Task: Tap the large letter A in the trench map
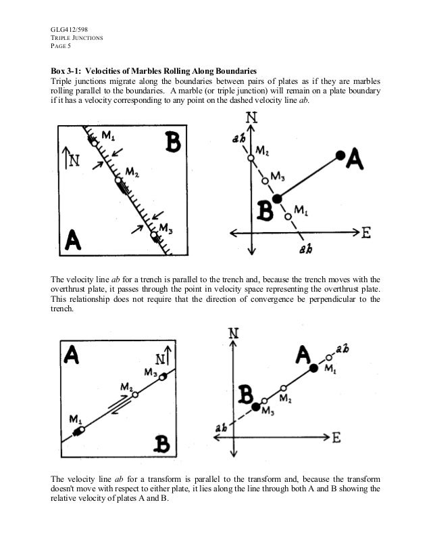(73, 240)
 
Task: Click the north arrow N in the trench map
(70, 160)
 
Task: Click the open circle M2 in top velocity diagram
(251, 158)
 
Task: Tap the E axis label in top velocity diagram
(366, 232)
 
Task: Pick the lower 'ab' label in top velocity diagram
(305, 249)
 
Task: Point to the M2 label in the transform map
(126, 386)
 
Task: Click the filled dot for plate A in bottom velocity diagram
(313, 369)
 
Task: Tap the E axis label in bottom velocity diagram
(336, 437)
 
